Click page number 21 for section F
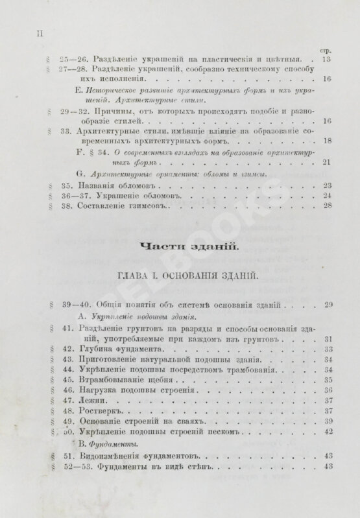click(327, 161)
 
